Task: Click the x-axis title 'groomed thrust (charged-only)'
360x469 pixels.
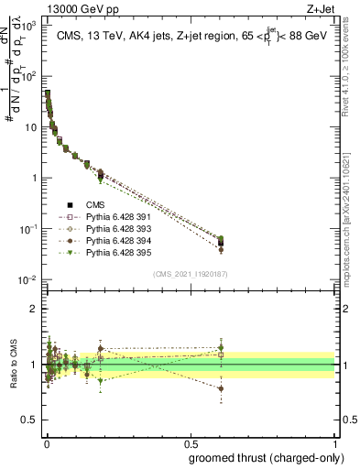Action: coord(272,455)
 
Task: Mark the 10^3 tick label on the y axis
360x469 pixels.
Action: coord(27,24)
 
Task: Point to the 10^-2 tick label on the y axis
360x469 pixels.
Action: coord(27,279)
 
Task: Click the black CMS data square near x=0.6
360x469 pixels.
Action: coord(221,243)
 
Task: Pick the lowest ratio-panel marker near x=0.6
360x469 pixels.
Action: coord(221,388)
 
